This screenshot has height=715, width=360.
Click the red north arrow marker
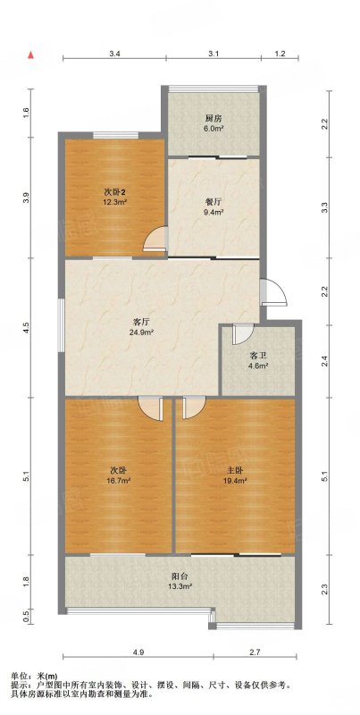pyautogui.click(x=31, y=55)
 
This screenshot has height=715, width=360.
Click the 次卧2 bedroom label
pyautogui.click(x=113, y=192)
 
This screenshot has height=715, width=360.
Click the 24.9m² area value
pyautogui.click(x=140, y=332)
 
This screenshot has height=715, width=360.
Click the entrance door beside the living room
pyautogui.click(x=273, y=292)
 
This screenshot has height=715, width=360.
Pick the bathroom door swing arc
pyautogui.click(x=241, y=334)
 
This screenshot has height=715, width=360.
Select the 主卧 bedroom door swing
pyautogui.click(x=194, y=408)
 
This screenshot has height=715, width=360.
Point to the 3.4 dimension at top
pyautogui.click(x=114, y=54)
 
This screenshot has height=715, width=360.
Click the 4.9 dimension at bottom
pyautogui.click(x=138, y=652)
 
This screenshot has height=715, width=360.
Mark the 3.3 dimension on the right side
pyautogui.click(x=324, y=208)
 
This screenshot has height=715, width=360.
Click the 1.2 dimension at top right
pyautogui.click(x=280, y=54)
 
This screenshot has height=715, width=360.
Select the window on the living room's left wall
pyautogui.click(x=62, y=324)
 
